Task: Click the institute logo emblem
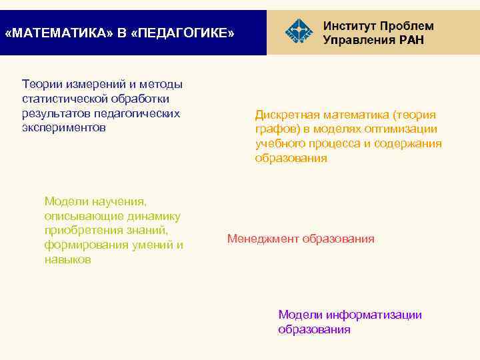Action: pos(297,31)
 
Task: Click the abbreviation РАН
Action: pos(407,40)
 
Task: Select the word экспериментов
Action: pos(63,127)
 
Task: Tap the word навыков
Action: pos(67,260)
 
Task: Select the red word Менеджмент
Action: pos(263,239)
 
